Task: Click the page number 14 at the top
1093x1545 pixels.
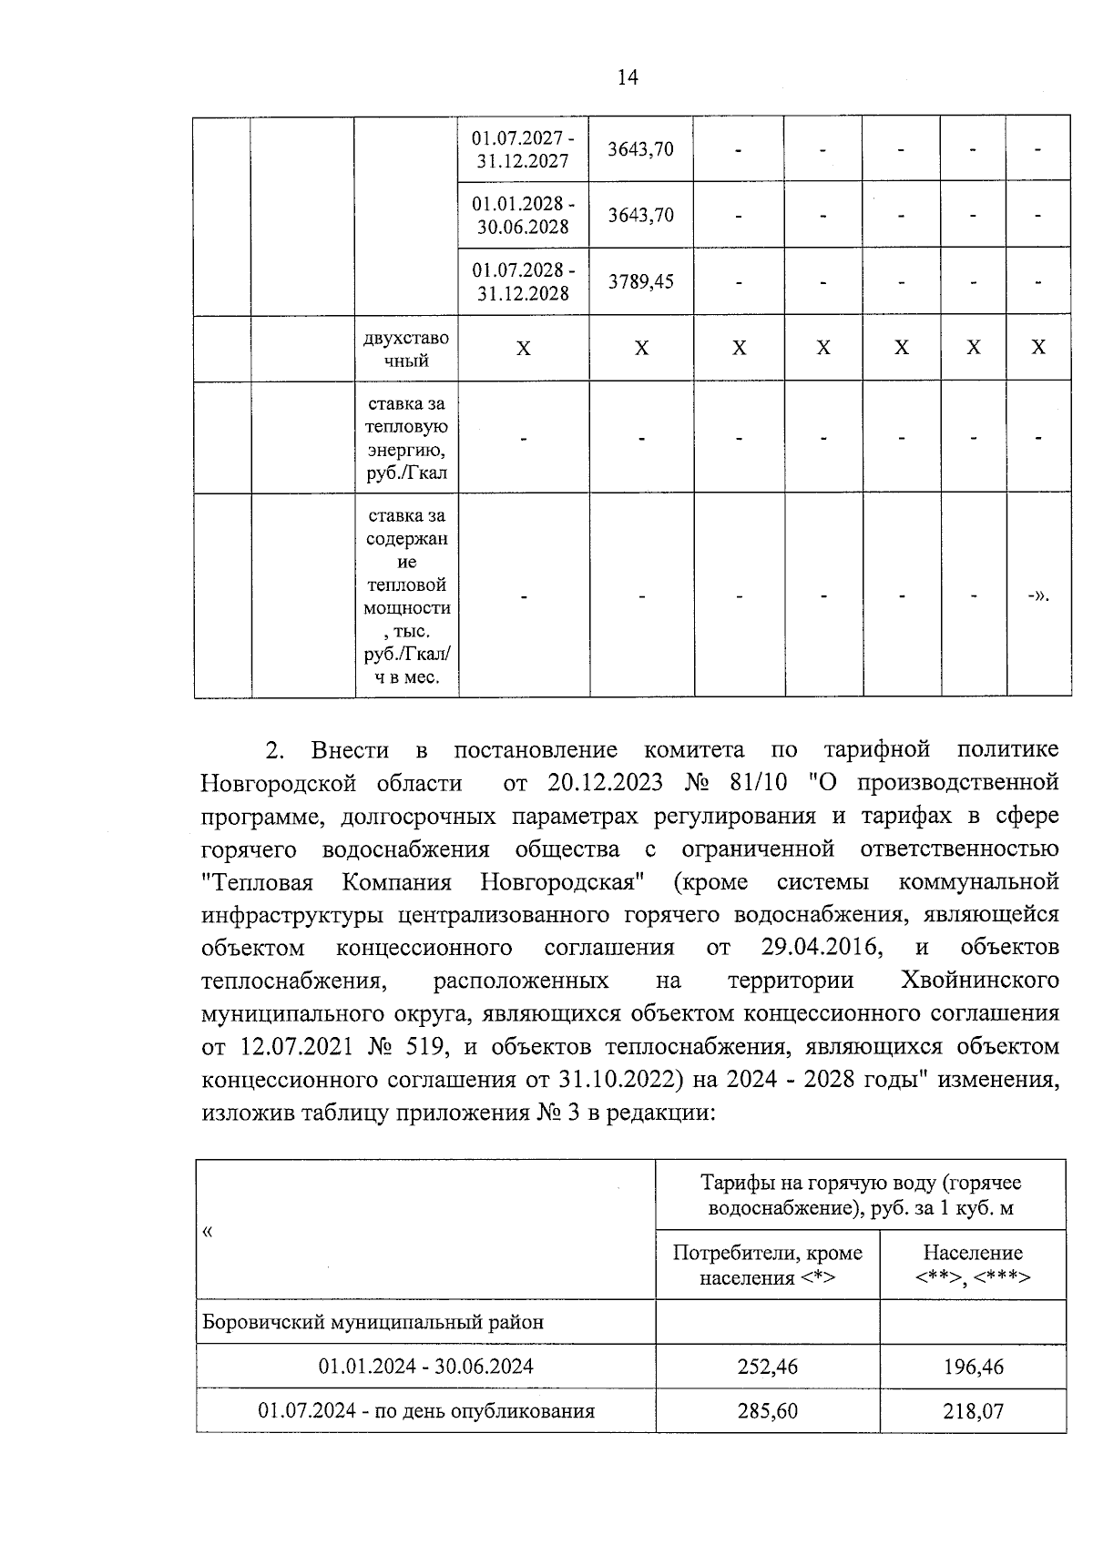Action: [628, 77]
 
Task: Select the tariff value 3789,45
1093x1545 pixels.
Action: [641, 281]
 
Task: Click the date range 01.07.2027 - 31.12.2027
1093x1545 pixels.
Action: [523, 149]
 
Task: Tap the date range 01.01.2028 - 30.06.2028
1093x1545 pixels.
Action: [523, 215]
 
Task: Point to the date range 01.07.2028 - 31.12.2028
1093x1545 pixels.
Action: [523, 281]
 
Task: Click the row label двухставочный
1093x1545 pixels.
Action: [406, 349]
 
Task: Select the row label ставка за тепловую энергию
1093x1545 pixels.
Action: [406, 438]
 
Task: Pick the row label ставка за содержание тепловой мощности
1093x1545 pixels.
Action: [406, 596]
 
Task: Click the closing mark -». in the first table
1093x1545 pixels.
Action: [1038, 597]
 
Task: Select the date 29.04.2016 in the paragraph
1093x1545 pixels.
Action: [822, 947]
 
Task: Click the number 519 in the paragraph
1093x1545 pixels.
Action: [427, 1046]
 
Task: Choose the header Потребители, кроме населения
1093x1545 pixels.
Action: [767, 1265]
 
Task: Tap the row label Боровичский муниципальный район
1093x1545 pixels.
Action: [373, 1321]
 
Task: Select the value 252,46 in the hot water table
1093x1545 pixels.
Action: [767, 1367]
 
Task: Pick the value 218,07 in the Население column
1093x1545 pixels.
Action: [973, 1411]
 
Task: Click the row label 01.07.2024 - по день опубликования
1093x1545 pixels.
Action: [426, 1411]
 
